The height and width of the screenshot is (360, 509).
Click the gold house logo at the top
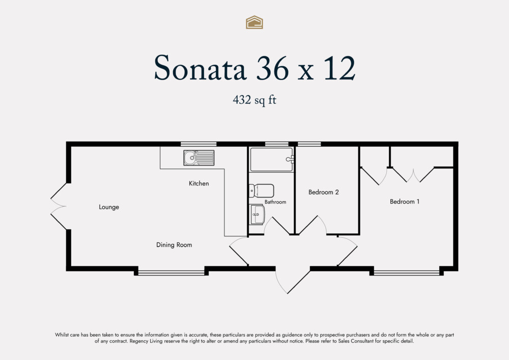(254, 22)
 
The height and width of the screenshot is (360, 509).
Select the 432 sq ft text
(254, 100)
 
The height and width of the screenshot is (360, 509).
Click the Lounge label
(109, 207)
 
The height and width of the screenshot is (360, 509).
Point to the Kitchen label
(199, 183)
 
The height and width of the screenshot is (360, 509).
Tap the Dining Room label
(174, 245)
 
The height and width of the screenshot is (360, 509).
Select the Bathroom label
(275, 202)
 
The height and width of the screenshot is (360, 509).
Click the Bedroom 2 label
(324, 192)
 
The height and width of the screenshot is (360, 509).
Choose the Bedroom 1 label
(405, 202)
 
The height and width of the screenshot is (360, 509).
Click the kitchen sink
(199, 158)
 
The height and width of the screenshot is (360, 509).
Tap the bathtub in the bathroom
(272, 159)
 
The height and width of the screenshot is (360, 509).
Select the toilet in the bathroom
(262, 191)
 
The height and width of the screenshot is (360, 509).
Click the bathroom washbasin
(258, 214)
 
